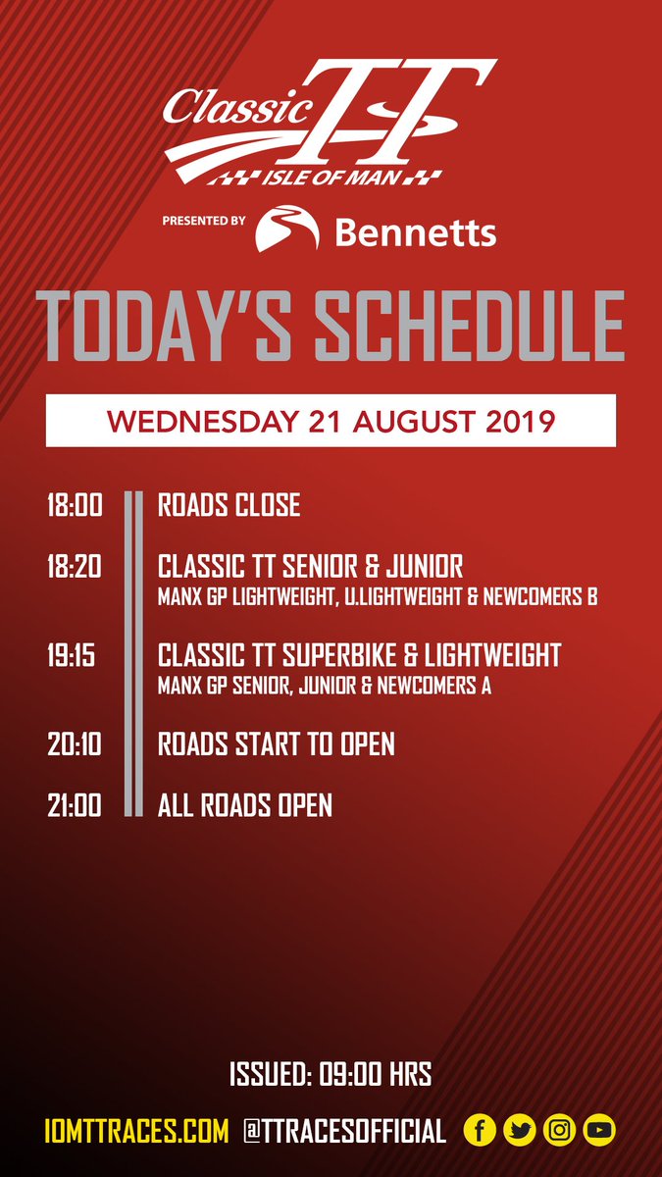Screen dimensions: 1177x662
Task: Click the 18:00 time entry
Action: [75, 506]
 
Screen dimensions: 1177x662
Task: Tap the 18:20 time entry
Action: [75, 567]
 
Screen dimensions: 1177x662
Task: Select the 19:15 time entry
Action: [72, 656]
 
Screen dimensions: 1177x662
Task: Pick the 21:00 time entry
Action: [75, 806]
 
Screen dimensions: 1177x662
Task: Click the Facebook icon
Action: [481, 1131]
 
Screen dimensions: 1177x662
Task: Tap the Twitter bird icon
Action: [520, 1131]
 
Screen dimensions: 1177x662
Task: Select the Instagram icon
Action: [559, 1131]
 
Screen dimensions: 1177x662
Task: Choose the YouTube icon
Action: [598, 1131]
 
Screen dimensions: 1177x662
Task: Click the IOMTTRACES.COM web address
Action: [136, 1131]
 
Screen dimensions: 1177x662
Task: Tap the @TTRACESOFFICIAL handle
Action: [344, 1131]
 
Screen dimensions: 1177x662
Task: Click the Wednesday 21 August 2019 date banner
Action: [331, 421]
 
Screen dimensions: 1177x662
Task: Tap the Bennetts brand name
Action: [415, 232]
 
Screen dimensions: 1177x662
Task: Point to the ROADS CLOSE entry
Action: [229, 506]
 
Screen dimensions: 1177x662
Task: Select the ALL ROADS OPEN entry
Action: [245, 806]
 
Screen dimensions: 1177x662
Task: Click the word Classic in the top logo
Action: [214, 106]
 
